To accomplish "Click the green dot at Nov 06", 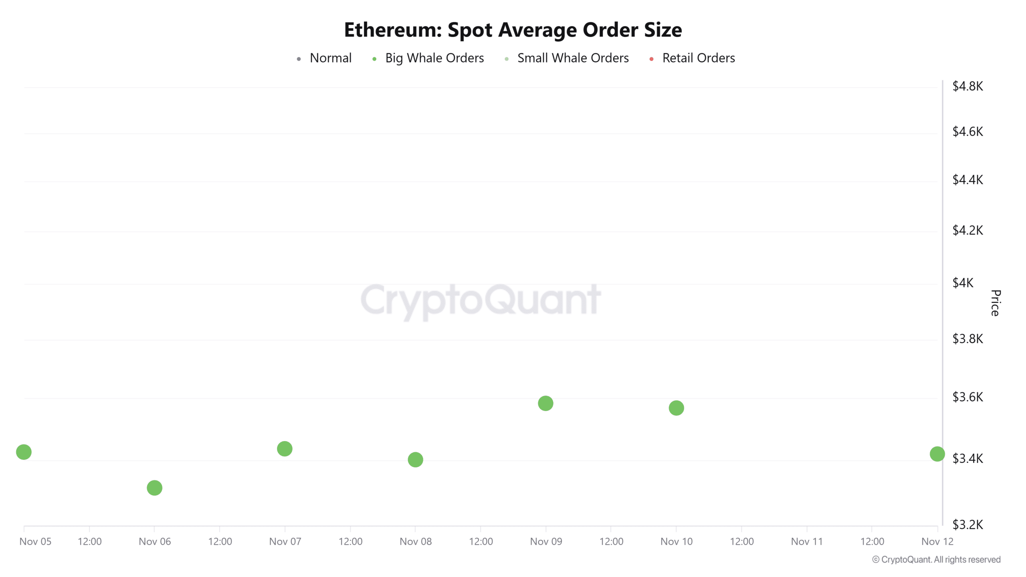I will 154,488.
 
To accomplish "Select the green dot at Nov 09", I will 545,403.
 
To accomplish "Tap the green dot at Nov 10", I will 676,408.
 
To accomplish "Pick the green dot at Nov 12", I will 937,454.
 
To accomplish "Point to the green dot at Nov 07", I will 285,449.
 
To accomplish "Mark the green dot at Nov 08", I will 415,460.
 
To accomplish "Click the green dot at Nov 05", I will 24,452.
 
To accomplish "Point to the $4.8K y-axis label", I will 967,86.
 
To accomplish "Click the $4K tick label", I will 963,283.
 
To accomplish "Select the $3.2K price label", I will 967,525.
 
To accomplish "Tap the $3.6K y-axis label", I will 967,397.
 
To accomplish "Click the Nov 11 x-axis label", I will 806,541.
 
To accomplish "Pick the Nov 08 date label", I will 416,541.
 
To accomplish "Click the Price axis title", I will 996,303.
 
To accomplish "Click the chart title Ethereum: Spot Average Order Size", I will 513,30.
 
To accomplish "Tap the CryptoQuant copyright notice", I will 936,559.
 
